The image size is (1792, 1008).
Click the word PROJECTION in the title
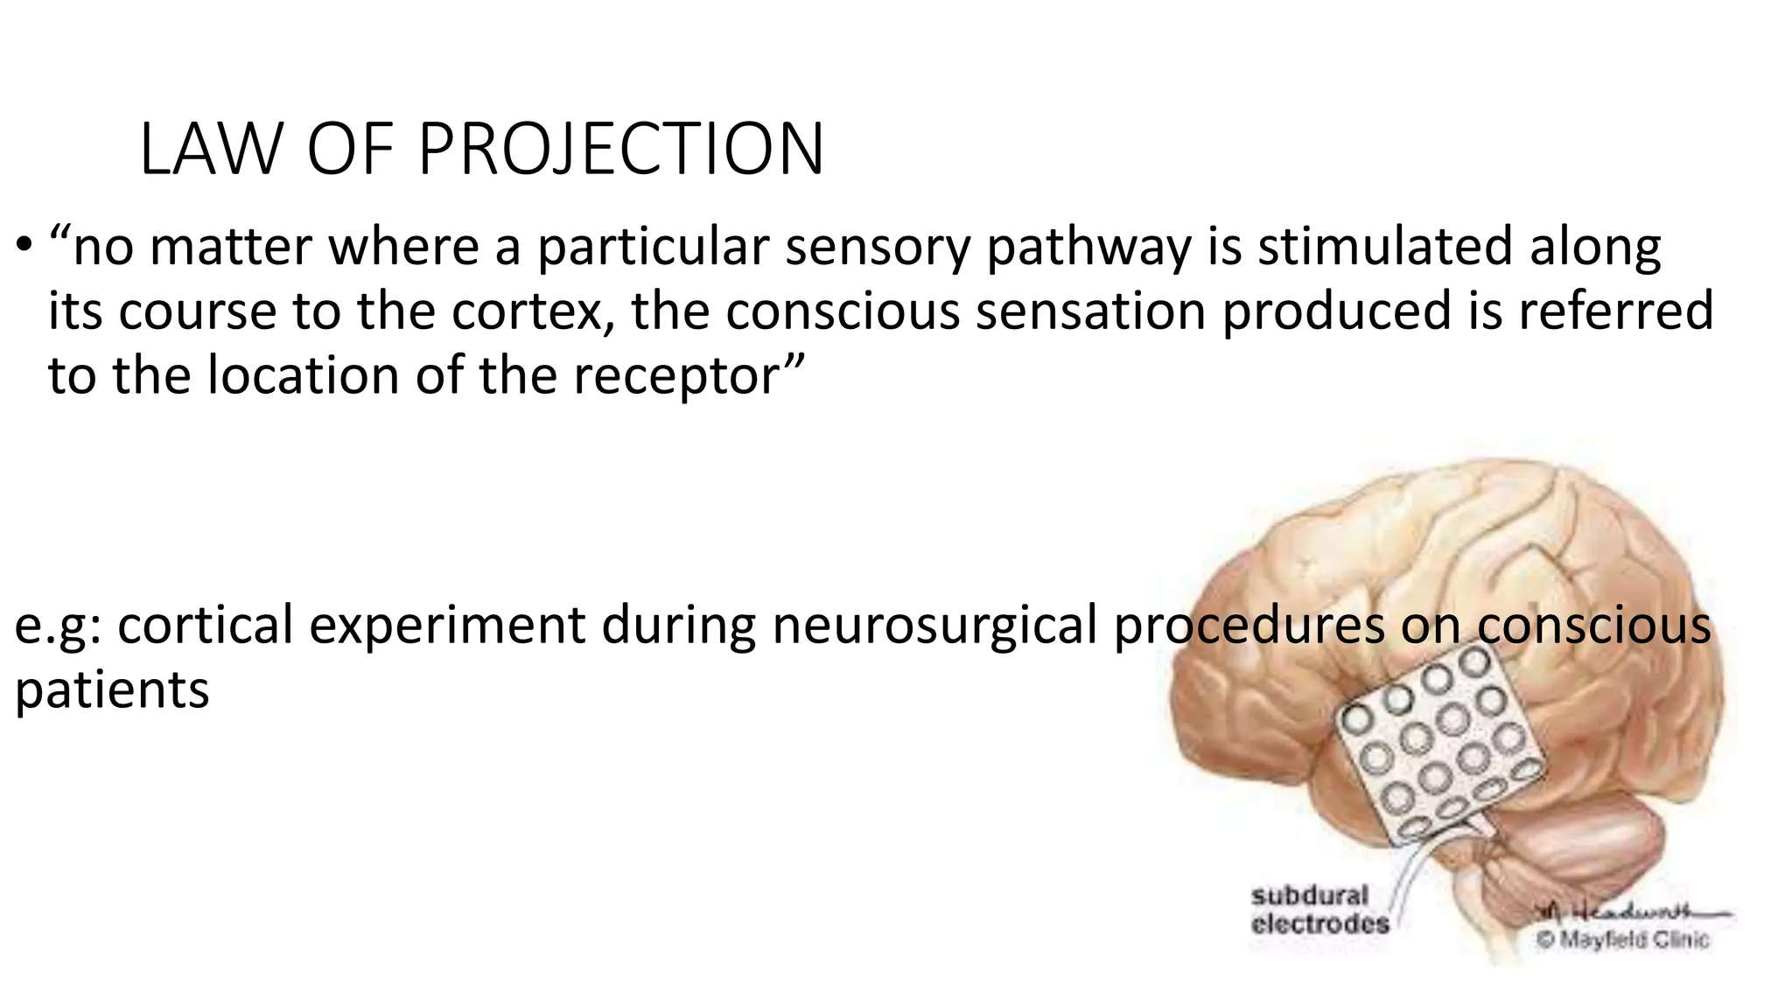[x=621, y=150]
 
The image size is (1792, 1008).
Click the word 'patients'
[x=112, y=690]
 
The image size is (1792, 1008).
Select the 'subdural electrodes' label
[x=1319, y=910]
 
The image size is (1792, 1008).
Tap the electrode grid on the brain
[x=1435, y=744]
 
